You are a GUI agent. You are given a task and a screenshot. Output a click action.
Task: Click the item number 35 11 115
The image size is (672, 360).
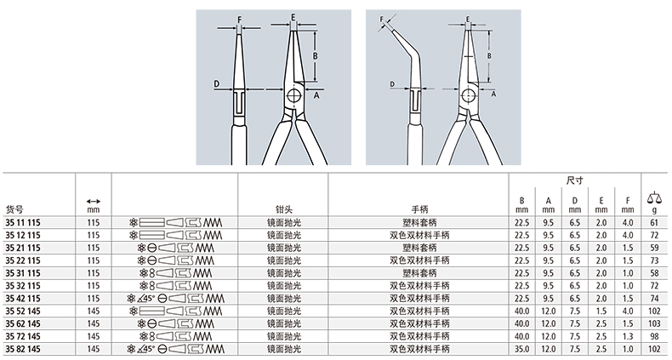pos(23,222)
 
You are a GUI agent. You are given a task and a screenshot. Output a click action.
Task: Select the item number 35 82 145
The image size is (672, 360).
pos(23,349)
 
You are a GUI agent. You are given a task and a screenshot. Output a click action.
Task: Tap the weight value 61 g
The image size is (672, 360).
pos(654,222)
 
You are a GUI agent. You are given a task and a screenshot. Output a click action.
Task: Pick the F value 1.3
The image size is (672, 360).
pos(628,336)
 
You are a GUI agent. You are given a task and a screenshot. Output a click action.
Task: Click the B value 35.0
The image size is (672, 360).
pos(522,349)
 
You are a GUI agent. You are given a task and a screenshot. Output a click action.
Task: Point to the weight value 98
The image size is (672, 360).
pos(654,336)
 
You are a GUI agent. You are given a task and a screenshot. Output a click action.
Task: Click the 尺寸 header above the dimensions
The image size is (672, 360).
pos(575,180)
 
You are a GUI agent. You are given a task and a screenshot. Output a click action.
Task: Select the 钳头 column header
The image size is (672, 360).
pos(283,209)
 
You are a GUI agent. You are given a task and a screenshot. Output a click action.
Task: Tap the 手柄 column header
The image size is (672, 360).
pos(419,209)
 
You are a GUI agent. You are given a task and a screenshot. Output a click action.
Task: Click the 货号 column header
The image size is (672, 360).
pos(14,209)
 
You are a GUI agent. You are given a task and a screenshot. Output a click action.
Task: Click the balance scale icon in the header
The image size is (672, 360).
pos(654,198)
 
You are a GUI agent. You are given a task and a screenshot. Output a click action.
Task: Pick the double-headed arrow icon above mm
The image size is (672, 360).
pos(93,201)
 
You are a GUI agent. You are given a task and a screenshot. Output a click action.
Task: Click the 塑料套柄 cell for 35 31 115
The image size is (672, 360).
pos(419,273)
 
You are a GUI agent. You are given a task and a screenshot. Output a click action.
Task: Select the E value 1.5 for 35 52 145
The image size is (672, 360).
pos(601,311)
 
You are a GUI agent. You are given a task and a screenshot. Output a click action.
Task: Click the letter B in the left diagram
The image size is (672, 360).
pos(315,55)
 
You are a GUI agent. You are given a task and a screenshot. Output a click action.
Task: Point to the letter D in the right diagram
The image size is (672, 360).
pos(391,84)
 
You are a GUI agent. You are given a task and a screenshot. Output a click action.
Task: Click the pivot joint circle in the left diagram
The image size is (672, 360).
pos(294,95)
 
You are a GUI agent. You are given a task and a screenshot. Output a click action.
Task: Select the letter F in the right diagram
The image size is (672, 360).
pos(381,20)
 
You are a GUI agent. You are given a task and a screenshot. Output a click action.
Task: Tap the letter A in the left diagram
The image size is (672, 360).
pos(316,95)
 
